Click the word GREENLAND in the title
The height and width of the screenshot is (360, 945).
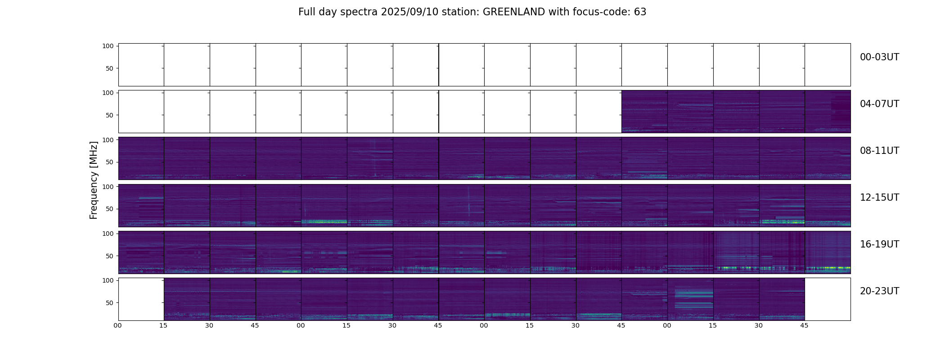pyautogui.click(x=513, y=12)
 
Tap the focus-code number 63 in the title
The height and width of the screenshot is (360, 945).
pyautogui.click(x=640, y=12)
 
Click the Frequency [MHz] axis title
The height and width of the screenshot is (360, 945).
pyautogui.click(x=94, y=180)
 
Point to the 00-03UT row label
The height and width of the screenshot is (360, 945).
pyautogui.click(x=879, y=57)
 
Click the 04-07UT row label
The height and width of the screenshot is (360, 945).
pyautogui.click(x=879, y=104)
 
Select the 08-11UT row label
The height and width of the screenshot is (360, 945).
pyautogui.click(x=879, y=151)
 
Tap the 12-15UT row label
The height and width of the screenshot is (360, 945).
pyautogui.click(x=879, y=198)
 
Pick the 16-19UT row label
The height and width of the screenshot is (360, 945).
pyautogui.click(x=879, y=244)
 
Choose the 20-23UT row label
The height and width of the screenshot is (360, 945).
pyautogui.click(x=879, y=291)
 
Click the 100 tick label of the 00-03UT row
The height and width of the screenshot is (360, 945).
pyautogui.click(x=108, y=46)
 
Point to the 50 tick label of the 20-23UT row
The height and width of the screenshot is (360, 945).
pyautogui.click(x=110, y=303)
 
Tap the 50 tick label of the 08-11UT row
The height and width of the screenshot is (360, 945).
pyautogui.click(x=110, y=162)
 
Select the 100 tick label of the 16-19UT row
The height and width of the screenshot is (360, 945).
pyautogui.click(x=108, y=234)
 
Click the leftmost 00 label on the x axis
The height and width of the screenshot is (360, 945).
pyautogui.click(x=118, y=325)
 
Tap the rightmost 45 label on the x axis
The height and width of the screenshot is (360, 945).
pyautogui.click(x=804, y=325)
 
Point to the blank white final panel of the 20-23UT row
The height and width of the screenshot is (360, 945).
pyautogui.click(x=827, y=299)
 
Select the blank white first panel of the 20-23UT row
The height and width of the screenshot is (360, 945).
pyautogui.click(x=141, y=299)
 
